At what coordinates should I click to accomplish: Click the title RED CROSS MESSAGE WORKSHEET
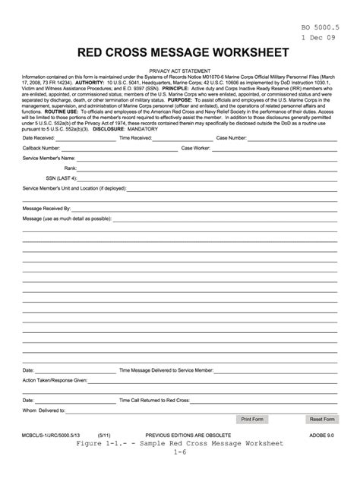click(x=180, y=53)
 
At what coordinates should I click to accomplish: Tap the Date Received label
click(x=39, y=138)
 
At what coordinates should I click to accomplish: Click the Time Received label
click(x=137, y=138)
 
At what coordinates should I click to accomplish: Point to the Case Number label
click(x=232, y=138)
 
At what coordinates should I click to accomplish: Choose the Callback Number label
click(x=41, y=148)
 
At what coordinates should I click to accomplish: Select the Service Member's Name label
click(x=50, y=158)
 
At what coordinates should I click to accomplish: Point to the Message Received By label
click(x=46, y=207)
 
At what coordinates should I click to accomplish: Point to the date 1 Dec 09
click(x=319, y=38)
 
